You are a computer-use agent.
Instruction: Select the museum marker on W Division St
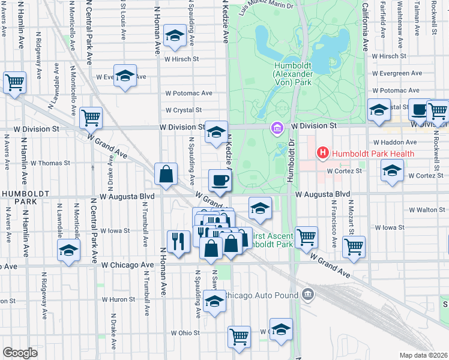pos(276,128)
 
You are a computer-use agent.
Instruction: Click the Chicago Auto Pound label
pos(262,295)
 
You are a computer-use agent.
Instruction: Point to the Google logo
pos(20,352)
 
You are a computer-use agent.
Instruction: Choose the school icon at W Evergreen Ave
pos(125,76)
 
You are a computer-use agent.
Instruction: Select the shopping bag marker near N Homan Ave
pos(166,174)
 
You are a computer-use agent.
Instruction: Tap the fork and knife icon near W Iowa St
pos(178,241)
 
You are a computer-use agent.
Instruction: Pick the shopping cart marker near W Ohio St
pos(239,337)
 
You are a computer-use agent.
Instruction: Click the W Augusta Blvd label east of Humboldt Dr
pos(322,194)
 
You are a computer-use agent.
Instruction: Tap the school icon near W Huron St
pos(214,302)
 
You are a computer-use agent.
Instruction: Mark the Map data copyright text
pos(423,355)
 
